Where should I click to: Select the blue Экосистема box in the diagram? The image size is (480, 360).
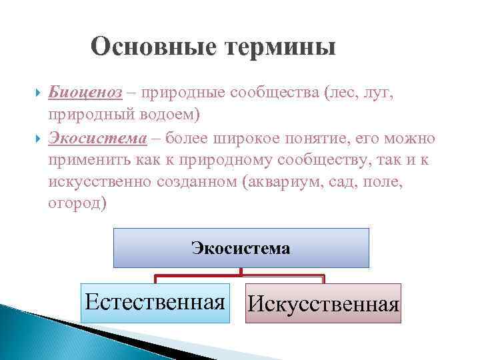pos(241,248)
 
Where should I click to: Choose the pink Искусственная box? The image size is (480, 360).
pos(323,303)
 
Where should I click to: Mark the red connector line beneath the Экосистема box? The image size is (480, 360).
pos(241,274)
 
